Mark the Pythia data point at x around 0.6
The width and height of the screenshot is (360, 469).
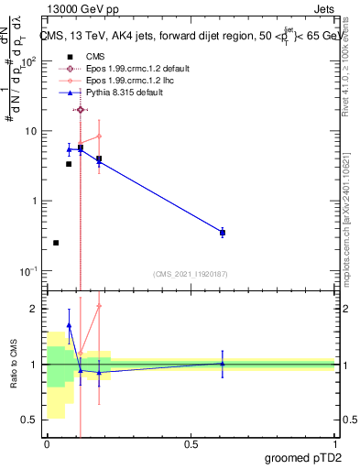pyautogui.click(x=223, y=233)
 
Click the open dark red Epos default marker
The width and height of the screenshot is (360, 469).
pyautogui.click(x=81, y=110)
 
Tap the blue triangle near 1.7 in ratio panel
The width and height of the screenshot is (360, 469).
pyautogui.click(x=69, y=325)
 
